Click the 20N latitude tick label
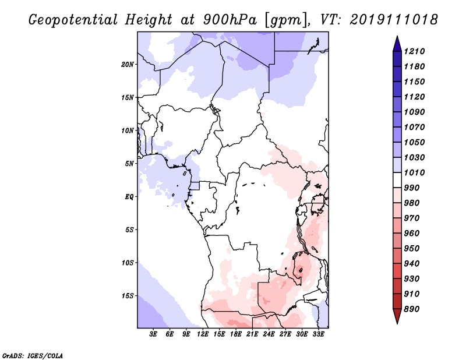(128, 65)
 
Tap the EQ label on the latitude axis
(129, 197)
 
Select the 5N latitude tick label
(129, 164)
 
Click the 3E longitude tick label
(153, 334)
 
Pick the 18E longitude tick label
(236, 334)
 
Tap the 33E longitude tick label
(318, 334)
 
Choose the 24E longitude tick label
(269, 334)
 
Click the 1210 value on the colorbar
(415, 51)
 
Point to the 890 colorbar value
(412, 309)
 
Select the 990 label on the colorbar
(412, 188)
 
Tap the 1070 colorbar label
(415, 127)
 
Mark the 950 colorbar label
(412, 249)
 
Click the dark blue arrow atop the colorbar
(397, 44)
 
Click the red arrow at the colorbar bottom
(397, 316)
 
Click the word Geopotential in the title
(73, 20)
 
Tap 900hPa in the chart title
(230, 20)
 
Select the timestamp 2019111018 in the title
(394, 20)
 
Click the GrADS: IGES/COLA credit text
(33, 355)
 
